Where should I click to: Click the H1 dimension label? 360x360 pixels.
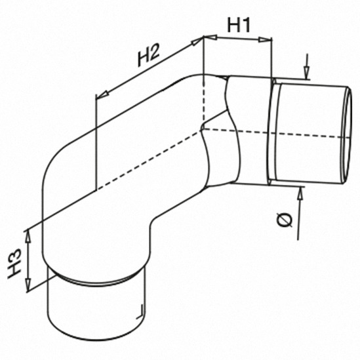pos(239,25)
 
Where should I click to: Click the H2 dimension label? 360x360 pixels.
pos(149,56)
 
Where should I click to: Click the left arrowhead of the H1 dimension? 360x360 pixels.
pos(210,37)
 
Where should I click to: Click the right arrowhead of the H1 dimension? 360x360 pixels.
pos(265,40)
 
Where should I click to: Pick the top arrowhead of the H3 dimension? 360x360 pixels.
pos(28,237)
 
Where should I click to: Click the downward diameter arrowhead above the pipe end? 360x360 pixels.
pos(306,73)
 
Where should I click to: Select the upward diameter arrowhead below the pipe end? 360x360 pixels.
pos(300,193)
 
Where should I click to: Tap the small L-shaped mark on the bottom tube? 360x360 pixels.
pos(141,312)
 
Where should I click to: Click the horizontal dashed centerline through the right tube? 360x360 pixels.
pos(276,134)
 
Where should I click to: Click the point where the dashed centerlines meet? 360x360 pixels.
pos(202,129)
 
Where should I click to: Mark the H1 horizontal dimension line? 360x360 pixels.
pos(237,39)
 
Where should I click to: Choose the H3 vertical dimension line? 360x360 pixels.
pos(28,261)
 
